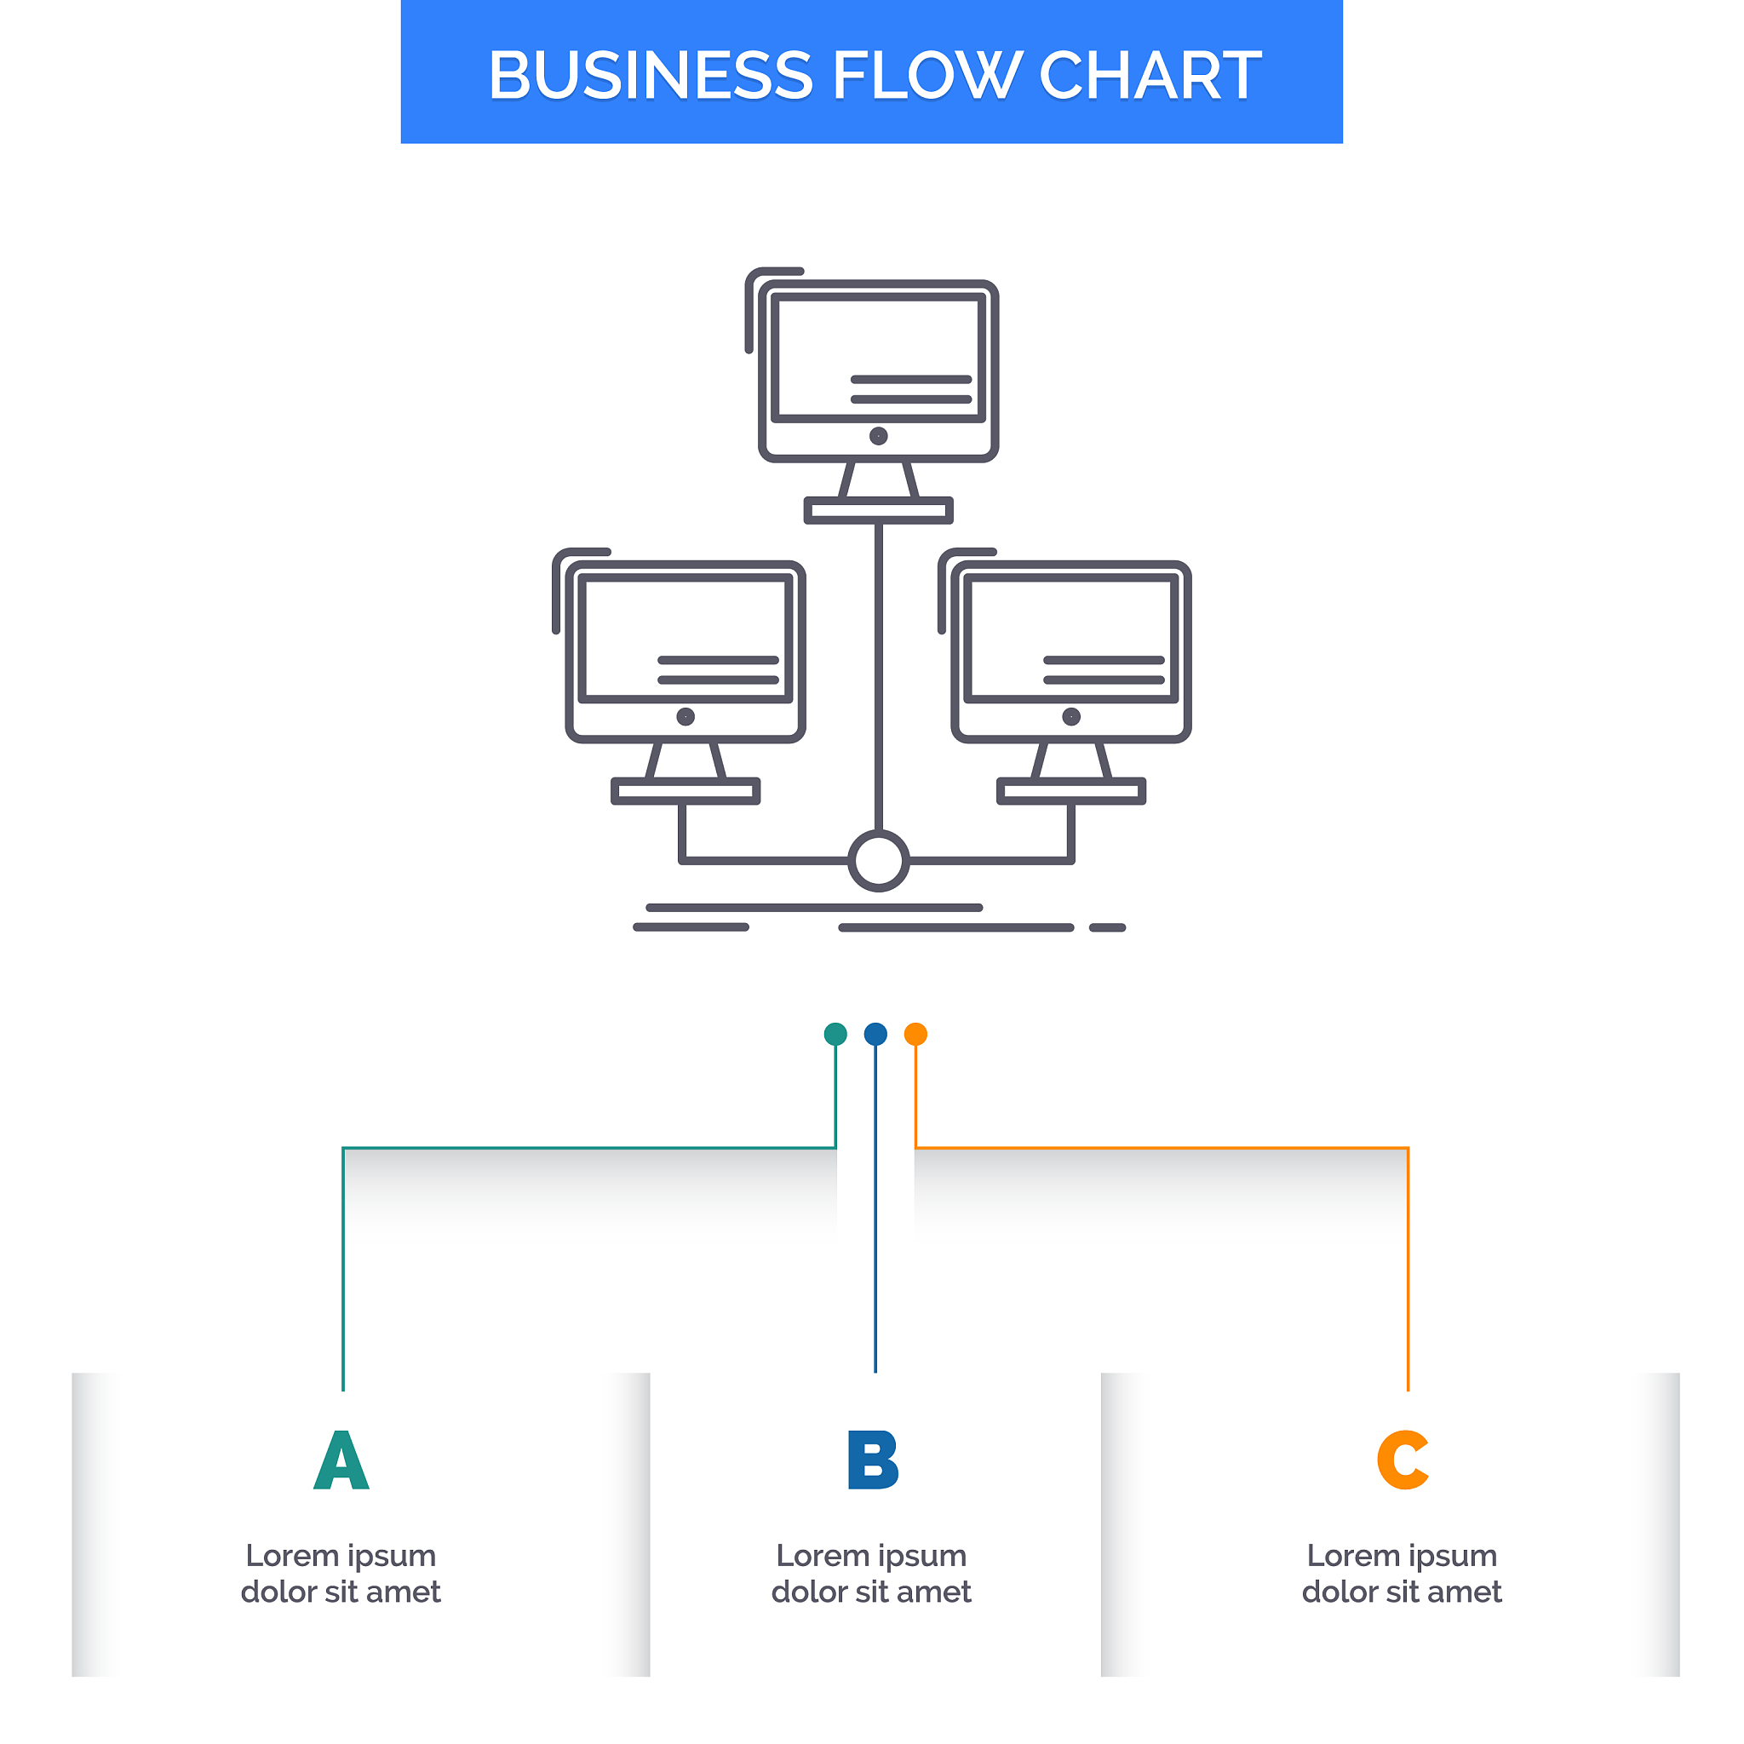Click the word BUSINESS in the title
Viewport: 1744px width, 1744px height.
650,75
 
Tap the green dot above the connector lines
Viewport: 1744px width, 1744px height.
835,1034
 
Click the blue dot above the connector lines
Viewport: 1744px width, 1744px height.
875,1034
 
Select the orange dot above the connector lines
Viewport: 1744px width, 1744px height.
915,1034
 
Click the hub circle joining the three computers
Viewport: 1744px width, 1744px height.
878,860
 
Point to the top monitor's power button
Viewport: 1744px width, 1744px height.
878,436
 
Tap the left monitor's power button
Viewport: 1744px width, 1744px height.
686,717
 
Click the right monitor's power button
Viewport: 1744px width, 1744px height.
1071,717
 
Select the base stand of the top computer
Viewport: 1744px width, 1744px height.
878,511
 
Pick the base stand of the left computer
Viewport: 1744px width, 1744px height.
686,792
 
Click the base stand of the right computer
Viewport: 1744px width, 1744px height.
1071,792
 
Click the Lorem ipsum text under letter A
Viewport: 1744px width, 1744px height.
341,1574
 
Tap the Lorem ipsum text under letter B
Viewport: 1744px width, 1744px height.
872,1574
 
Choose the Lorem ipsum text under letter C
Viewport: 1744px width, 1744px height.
1402,1574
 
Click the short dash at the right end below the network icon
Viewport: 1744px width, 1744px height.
1108,928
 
